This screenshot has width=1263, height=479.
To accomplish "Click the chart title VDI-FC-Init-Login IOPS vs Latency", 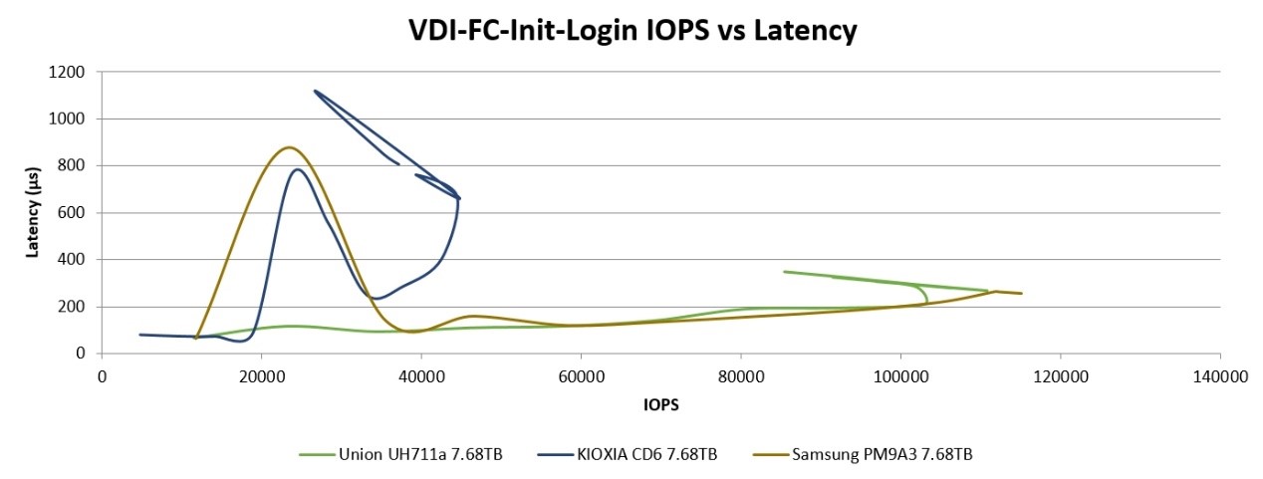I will pos(632,31).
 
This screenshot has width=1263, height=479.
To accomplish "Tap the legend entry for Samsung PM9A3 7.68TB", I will pos(882,455).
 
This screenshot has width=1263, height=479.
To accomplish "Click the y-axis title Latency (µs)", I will pos(32,212).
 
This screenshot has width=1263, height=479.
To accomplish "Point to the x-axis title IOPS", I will pos(660,404).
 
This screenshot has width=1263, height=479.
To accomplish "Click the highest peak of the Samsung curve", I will pos(289,147).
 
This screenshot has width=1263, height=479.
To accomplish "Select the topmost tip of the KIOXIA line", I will pos(315,91).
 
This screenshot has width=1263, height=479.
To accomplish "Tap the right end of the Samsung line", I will pos(1022,294).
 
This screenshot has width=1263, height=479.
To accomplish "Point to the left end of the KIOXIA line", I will pos(140,335).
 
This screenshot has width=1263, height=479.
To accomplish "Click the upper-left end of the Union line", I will pos(784,271).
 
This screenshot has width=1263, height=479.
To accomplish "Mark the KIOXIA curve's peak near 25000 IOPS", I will pos(297,169).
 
